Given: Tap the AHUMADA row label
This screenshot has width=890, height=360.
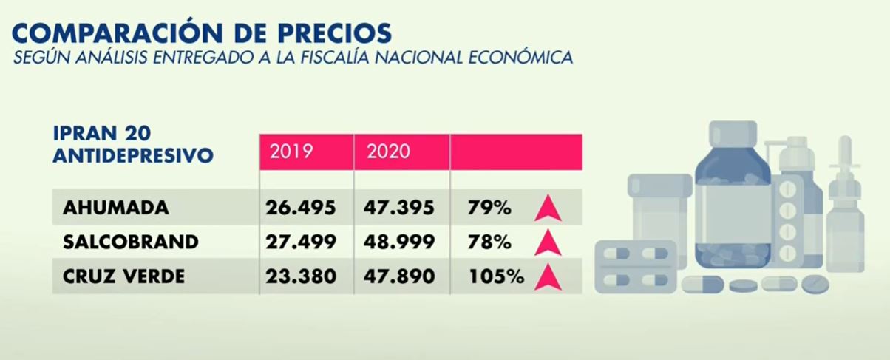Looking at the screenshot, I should [116, 208].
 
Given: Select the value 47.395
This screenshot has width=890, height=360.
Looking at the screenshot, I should [399, 208].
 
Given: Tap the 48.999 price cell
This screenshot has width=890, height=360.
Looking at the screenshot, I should [399, 242].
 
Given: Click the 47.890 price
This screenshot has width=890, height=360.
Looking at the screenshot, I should [399, 276].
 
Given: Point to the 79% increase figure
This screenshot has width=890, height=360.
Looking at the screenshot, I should [489, 208].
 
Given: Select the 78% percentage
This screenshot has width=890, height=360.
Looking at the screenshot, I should [489, 242].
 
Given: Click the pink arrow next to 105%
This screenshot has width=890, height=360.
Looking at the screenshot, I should [547, 277].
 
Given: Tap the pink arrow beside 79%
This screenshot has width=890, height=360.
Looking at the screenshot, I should [547, 209].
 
